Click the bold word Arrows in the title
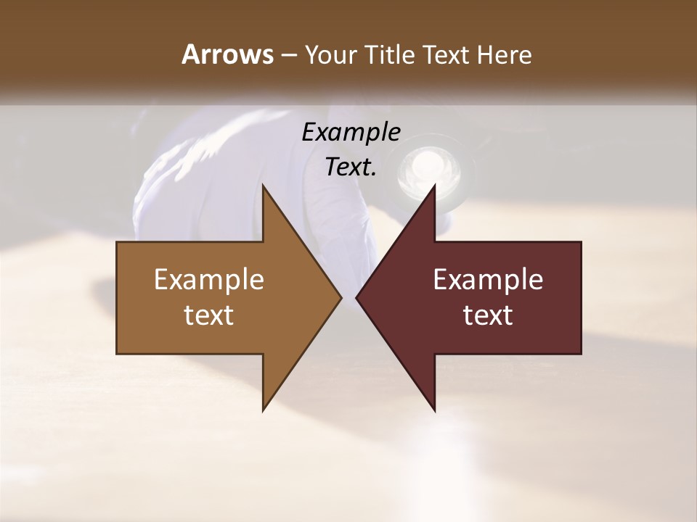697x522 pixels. tap(227, 54)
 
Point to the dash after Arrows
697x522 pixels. tap(288, 56)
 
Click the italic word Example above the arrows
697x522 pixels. tap(351, 132)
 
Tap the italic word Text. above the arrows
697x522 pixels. tap(351, 167)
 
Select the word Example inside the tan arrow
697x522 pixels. tap(209, 279)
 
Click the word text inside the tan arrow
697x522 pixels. tap(209, 315)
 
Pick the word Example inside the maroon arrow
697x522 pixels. tap(488, 279)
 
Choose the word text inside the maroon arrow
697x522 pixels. tap(488, 315)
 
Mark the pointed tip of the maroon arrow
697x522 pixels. tap(358, 297)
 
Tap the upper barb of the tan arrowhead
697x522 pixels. tap(265, 190)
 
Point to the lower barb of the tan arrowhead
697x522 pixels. tap(265, 406)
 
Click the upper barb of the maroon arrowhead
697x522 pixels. tap(433, 190)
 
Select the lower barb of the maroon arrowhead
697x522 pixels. tap(433, 406)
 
